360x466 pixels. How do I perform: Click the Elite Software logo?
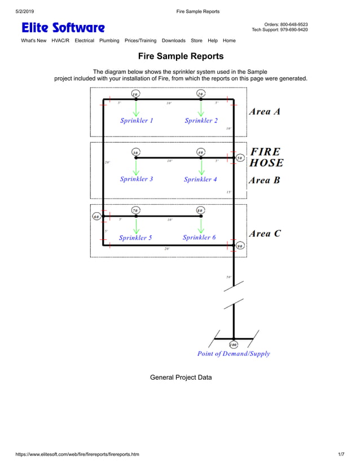(x=63, y=28)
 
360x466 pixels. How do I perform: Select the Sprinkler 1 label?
(x=137, y=120)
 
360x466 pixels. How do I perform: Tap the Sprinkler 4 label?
(x=200, y=179)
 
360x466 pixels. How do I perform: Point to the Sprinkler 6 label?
(x=199, y=238)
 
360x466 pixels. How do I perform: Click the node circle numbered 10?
(x=135, y=94)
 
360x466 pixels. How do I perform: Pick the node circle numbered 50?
(x=239, y=159)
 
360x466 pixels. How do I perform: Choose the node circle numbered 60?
(x=96, y=217)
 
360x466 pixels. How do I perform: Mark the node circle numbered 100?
(x=233, y=344)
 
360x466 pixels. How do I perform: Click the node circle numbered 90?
(x=240, y=246)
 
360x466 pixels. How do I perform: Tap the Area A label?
(x=265, y=112)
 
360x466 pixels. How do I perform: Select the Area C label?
(x=265, y=234)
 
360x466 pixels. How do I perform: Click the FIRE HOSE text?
(x=266, y=157)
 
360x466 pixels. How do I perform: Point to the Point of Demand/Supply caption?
(x=234, y=354)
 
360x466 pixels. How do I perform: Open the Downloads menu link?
(x=173, y=41)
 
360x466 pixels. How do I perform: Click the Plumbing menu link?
(x=109, y=41)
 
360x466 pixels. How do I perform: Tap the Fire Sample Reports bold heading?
(x=181, y=56)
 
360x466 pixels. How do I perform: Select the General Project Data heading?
(x=181, y=377)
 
